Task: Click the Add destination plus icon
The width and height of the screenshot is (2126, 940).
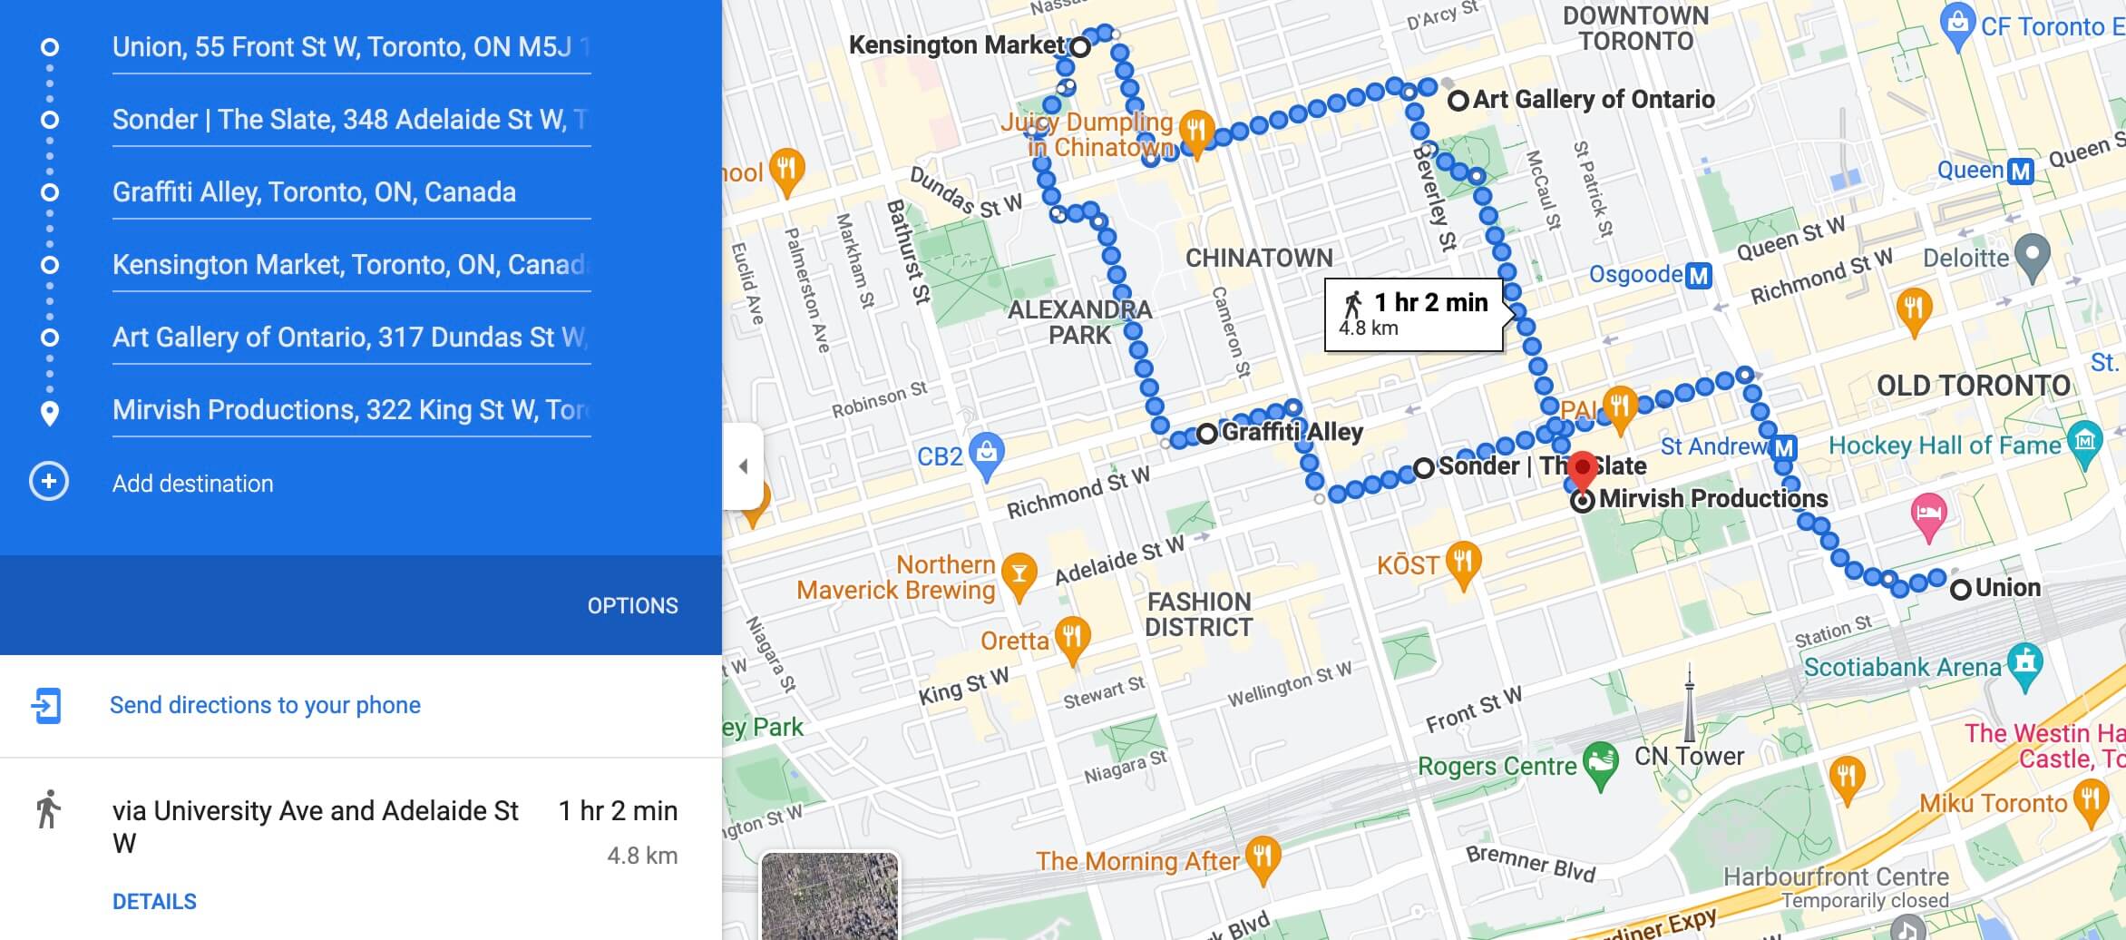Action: (x=49, y=482)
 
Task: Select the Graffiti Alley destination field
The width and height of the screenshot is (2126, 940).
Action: (x=350, y=192)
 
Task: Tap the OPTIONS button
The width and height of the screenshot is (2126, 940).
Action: (x=632, y=605)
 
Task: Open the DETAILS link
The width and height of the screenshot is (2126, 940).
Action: (x=154, y=901)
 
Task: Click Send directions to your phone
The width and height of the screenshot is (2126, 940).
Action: (x=265, y=705)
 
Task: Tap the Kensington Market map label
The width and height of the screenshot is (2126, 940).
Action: (x=955, y=45)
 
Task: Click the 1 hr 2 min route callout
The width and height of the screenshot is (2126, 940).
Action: (x=1413, y=314)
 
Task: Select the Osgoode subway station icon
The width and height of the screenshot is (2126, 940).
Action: (x=1698, y=275)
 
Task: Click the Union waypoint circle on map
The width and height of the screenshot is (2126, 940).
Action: (x=1960, y=589)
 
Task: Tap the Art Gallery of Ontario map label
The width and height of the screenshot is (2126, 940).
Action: (x=1593, y=99)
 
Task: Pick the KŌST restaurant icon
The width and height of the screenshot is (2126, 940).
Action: (x=1462, y=562)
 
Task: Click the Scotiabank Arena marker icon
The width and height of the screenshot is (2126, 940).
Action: (x=2025, y=663)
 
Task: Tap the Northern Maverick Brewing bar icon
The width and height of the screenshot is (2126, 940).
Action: (x=1019, y=574)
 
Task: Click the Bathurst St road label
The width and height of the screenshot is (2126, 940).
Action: (x=908, y=251)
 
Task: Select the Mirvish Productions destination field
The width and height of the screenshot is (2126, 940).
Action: (x=350, y=410)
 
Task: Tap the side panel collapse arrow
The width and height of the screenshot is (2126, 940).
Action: (x=743, y=466)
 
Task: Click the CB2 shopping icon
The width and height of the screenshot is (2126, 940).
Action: (x=986, y=452)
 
